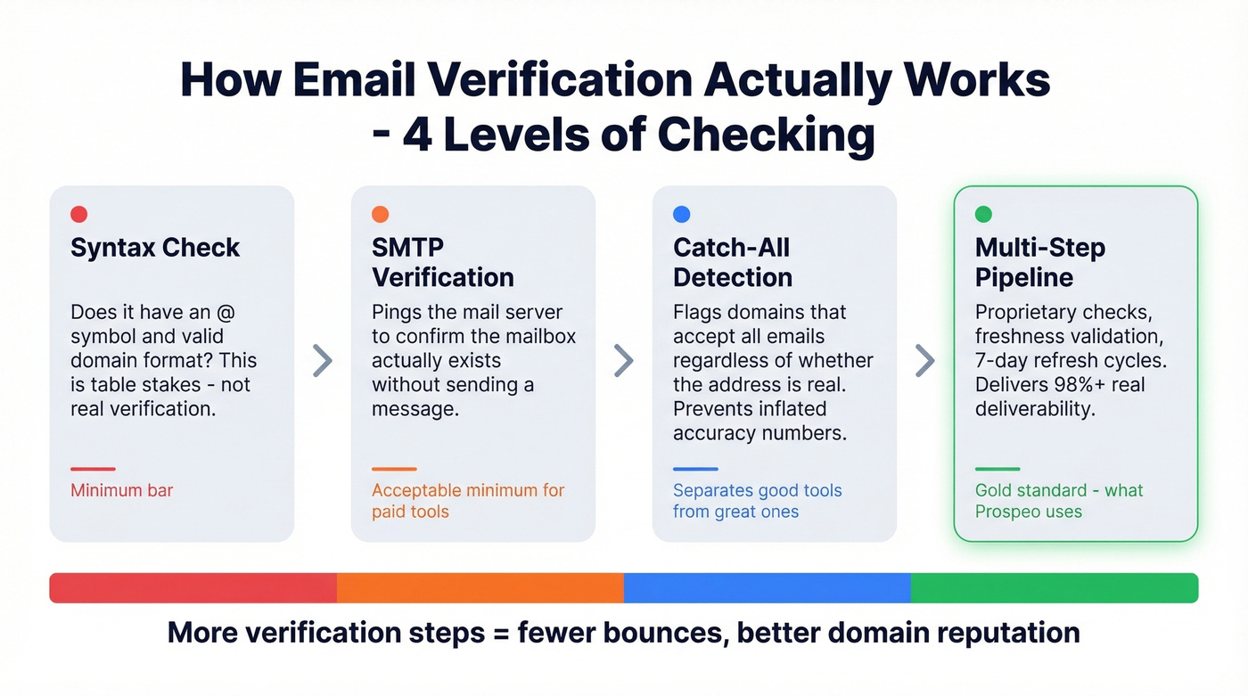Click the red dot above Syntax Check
tap(78, 214)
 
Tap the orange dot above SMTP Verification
tap(380, 214)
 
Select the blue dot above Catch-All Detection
tap(681, 214)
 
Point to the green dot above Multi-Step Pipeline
tap(983, 214)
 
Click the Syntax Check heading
tap(155, 248)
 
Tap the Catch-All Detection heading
tap(732, 262)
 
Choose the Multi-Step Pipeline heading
tap(1039, 262)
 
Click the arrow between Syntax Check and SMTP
tap(322, 361)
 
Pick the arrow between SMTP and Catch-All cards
tap(624, 361)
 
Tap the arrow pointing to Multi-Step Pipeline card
tap(925, 361)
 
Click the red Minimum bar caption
tap(121, 490)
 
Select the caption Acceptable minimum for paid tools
tap(467, 501)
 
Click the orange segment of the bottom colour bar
tap(480, 588)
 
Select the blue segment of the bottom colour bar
tap(767, 588)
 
